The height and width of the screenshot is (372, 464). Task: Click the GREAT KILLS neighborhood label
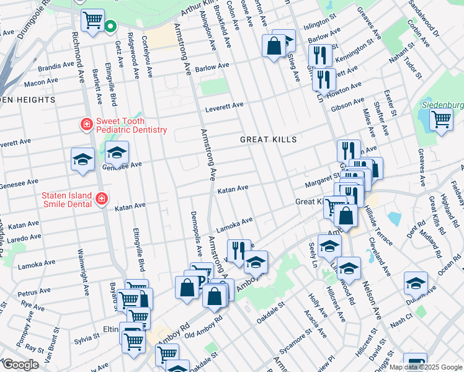(x=269, y=139)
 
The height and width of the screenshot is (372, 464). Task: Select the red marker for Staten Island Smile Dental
(x=101, y=200)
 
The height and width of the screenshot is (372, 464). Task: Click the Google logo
(x=20, y=365)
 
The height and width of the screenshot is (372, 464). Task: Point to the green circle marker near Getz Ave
(x=110, y=27)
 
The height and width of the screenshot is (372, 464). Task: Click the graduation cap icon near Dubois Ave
(x=416, y=284)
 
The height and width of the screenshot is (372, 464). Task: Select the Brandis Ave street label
(x=56, y=65)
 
